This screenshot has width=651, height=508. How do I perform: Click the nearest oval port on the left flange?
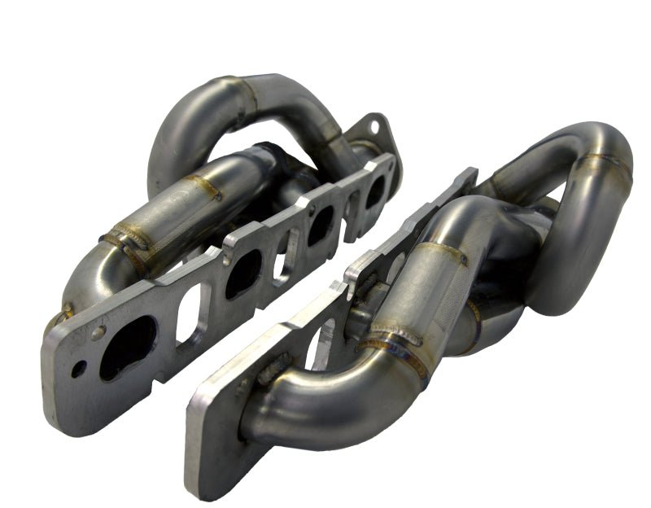tap(128, 347)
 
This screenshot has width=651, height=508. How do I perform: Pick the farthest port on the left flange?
tap(374, 192)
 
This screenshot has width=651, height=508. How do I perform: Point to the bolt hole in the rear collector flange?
tap(373, 127)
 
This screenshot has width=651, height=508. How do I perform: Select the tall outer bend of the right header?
tap(598, 204)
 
